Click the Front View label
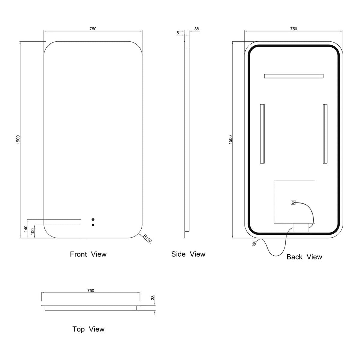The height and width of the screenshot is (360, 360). point(88,254)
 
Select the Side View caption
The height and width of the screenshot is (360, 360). point(188,254)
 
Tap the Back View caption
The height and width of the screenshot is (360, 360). point(304,257)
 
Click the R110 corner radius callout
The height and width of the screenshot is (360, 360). point(148,238)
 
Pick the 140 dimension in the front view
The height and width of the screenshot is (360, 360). point(26,229)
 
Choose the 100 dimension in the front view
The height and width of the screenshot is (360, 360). point(33,232)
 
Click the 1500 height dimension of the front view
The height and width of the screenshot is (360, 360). point(18,139)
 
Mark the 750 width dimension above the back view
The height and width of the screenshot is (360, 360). point(293,29)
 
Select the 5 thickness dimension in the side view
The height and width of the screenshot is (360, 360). point(178,33)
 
